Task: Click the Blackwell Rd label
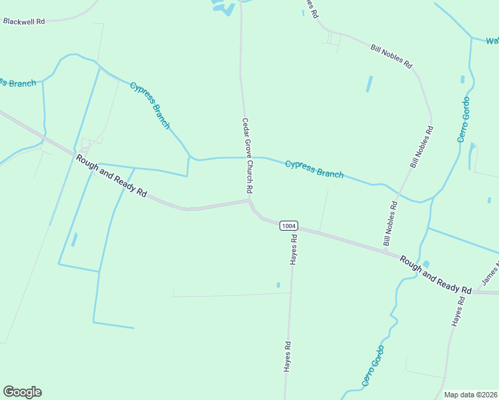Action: (x=23, y=21)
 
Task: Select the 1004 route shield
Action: (x=288, y=225)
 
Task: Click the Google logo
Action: (x=22, y=392)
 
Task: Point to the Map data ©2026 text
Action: (x=471, y=395)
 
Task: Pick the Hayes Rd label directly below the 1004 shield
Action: (x=294, y=249)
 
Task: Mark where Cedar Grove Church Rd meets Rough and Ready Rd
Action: (x=249, y=199)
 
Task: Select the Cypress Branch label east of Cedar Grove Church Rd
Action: (x=314, y=169)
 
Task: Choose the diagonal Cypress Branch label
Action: (x=150, y=105)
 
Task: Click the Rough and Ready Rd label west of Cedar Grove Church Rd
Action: (x=111, y=175)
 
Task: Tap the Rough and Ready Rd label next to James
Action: (x=436, y=274)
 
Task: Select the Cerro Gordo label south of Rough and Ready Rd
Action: (x=374, y=366)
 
